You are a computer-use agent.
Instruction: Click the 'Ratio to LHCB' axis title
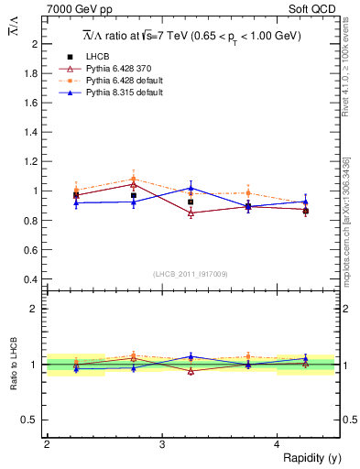[x=13, y=365]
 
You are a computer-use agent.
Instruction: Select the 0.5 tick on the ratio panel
[x=33, y=420]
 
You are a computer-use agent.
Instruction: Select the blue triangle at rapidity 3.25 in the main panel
[x=191, y=188]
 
